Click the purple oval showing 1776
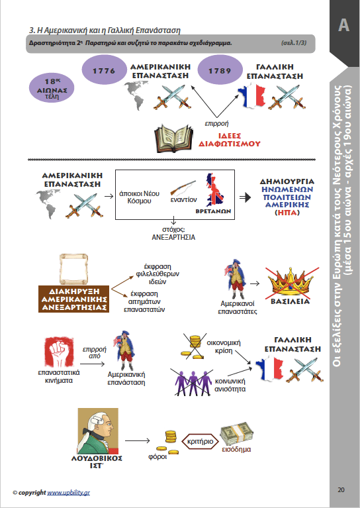coord(104,70)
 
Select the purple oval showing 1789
coord(220,70)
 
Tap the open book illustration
coord(173,138)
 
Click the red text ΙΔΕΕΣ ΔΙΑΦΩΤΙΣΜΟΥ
coord(229,140)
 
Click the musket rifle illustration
coord(183,187)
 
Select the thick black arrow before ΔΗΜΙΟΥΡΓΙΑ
coord(245,197)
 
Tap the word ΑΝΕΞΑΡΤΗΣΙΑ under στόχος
coord(173,237)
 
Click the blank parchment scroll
coord(73,269)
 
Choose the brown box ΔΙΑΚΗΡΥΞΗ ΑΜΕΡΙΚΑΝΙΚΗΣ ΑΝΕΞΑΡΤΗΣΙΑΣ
coord(74,299)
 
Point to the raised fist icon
coord(59,352)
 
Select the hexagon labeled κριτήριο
coord(201,441)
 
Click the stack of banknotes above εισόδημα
coord(237,434)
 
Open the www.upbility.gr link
coord(69,493)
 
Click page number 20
coord(341,489)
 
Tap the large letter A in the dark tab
coord(343,25)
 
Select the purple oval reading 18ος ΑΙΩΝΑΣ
coord(52,88)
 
